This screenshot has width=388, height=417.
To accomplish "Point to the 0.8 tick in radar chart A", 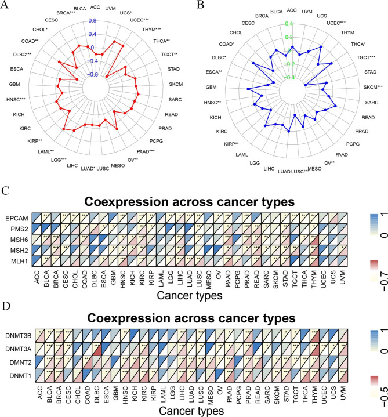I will [92, 21].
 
